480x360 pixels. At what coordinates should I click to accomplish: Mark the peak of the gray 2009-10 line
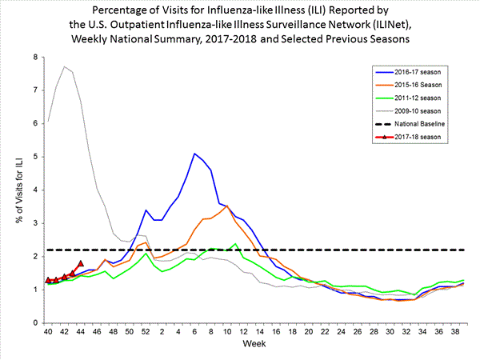click(64, 66)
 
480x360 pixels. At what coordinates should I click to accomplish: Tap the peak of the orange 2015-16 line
click(227, 206)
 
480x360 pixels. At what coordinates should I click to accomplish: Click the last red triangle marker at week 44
click(81, 263)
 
